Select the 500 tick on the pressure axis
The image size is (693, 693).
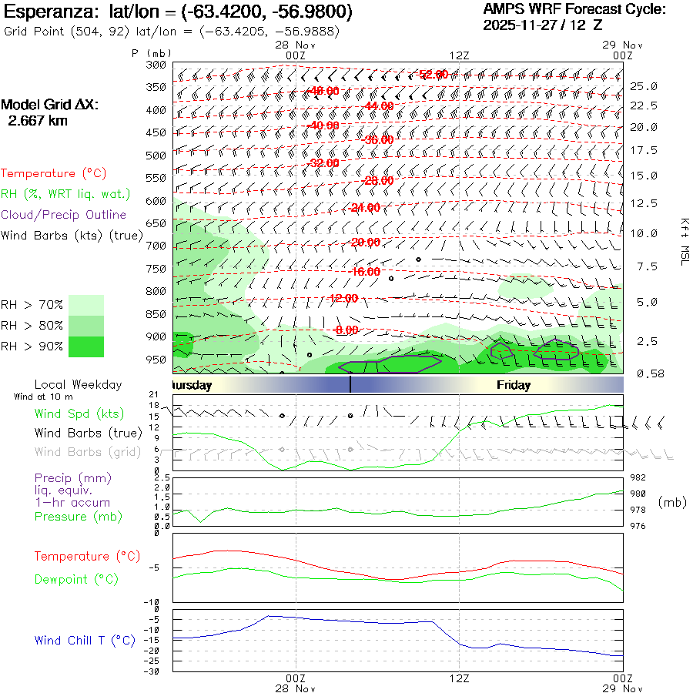(x=156, y=156)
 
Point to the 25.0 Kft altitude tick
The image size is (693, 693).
(x=644, y=86)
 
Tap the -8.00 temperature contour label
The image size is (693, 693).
(x=346, y=330)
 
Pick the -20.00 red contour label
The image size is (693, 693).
(x=364, y=242)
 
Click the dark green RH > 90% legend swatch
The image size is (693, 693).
(x=86, y=346)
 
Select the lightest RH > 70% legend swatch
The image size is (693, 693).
(x=86, y=305)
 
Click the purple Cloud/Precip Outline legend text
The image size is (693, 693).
(x=64, y=215)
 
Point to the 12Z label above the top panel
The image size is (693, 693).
(x=460, y=55)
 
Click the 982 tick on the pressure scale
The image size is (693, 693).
(x=638, y=477)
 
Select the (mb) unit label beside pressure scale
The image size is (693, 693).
(x=672, y=502)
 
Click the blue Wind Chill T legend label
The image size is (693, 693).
(x=84, y=640)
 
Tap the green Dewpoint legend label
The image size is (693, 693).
(x=76, y=579)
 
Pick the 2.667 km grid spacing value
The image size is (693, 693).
(x=38, y=121)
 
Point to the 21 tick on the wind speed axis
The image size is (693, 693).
(x=154, y=395)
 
